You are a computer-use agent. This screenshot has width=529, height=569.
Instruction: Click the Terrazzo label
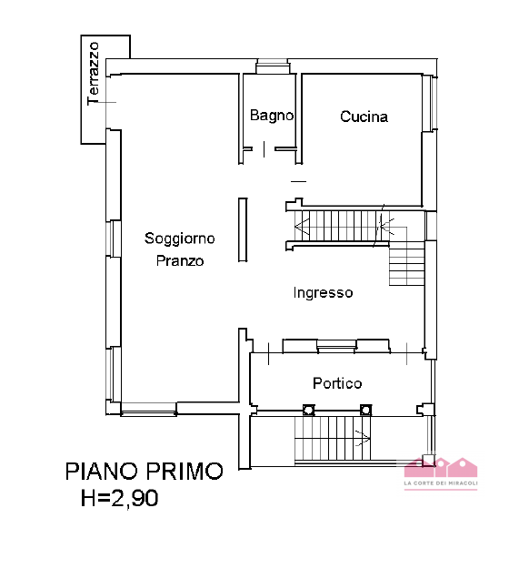coord(93,73)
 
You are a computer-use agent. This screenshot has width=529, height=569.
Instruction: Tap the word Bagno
coord(272,116)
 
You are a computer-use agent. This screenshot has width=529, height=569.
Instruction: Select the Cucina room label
coord(364,117)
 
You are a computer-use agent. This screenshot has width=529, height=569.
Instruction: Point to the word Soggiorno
coord(180,239)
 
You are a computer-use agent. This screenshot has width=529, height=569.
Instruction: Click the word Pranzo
coord(180,260)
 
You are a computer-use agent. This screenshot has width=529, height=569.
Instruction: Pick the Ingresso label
coord(323,293)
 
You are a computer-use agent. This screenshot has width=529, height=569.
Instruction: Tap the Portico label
coord(337,383)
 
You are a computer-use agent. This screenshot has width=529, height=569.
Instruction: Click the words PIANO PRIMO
coord(144,471)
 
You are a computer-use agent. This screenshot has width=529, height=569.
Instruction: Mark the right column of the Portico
coord(366,410)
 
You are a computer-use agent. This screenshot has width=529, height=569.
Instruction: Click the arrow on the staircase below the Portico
coord(363,439)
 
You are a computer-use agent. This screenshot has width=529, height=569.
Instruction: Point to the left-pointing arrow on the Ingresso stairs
coord(303,225)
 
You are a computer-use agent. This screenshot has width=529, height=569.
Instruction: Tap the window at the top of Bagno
coord(271,65)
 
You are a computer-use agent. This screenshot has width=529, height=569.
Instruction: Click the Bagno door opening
coord(271,149)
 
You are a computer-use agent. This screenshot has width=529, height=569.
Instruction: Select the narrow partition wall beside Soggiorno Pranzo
coord(242,231)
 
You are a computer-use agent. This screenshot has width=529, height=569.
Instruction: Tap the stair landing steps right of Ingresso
coord(407,264)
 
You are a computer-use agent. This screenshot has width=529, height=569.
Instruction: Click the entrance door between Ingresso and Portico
coord(335,345)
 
